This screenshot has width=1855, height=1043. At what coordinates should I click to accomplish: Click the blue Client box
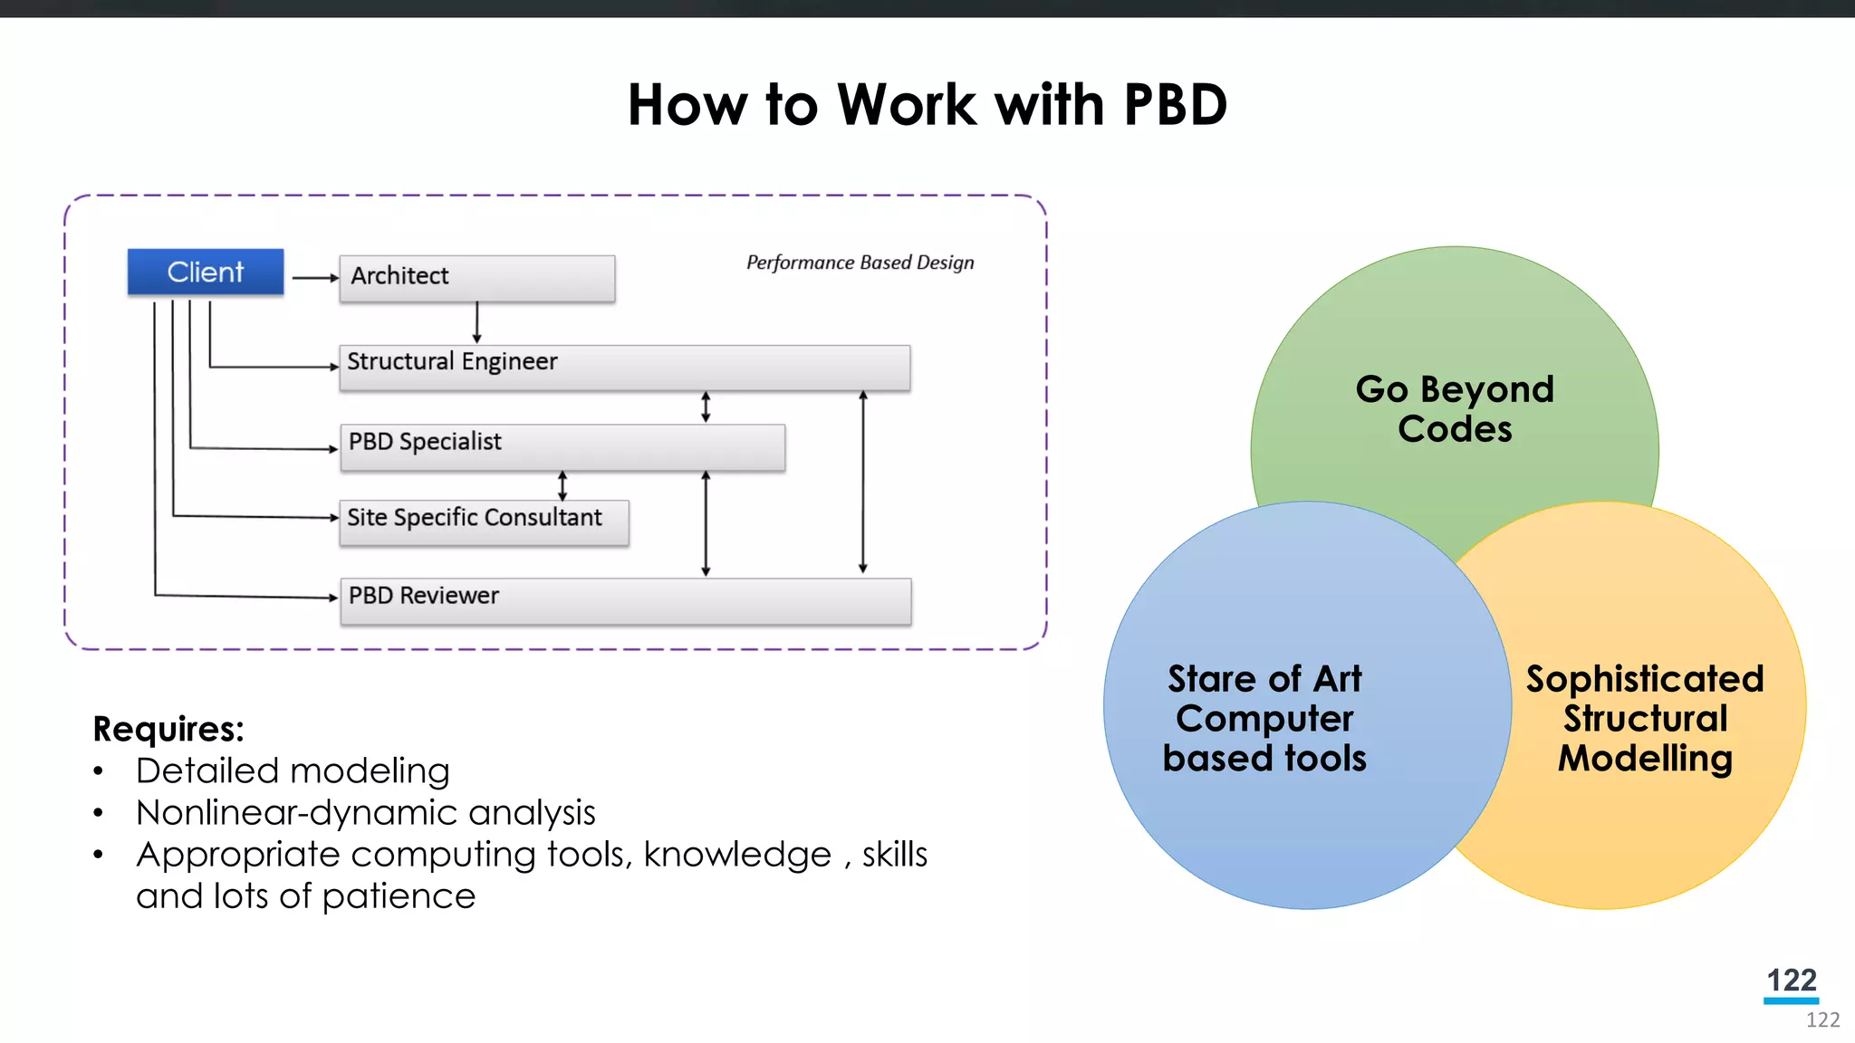pos(206,272)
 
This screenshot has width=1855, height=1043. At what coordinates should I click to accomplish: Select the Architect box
pos(476,277)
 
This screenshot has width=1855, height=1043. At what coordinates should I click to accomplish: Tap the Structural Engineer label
pos(452,361)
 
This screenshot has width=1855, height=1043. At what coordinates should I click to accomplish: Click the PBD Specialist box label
pos(425,442)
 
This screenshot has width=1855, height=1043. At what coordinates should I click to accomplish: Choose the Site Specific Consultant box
pos(484,521)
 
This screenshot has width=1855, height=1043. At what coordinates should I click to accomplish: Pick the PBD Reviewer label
pos(423,596)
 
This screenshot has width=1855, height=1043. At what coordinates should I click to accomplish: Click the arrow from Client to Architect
pos(314,278)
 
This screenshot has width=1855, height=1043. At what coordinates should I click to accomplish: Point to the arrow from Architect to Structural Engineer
pos(477,322)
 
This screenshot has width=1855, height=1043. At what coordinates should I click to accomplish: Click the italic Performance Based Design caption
pos(860,263)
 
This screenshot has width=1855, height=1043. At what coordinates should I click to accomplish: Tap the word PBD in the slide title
pos(1175,105)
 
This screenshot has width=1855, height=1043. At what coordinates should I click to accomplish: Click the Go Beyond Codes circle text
pos(1455,409)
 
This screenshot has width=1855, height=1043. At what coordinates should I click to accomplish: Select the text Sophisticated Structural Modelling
pos(1645,718)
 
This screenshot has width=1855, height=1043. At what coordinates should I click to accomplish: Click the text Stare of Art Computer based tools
pos(1264,718)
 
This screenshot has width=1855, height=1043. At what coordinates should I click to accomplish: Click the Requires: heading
pos(168,729)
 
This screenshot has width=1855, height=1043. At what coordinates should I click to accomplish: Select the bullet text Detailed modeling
pos(293,771)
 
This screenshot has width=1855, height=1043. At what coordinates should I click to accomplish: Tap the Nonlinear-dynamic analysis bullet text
pos(365,813)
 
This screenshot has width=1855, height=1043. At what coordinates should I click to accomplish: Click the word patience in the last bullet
pos(399,896)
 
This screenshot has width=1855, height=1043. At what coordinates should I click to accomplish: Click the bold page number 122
pos(1791,980)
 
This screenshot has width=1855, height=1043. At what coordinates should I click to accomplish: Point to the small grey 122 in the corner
pos(1822,1020)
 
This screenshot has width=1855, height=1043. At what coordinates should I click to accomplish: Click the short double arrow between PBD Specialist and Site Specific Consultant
pos(562,485)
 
